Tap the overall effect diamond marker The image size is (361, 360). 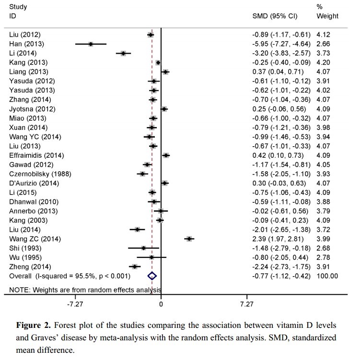click(152, 276)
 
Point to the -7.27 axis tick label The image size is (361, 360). click(75, 303)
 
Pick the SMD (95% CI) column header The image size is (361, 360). click(275, 16)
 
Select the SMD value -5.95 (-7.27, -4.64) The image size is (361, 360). click(281, 44)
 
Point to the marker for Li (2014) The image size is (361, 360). click(123, 53)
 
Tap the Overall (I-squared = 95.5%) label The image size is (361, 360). click(70, 276)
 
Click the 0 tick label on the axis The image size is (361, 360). click(161, 303)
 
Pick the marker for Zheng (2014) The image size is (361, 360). click(135, 267)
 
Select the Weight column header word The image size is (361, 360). click(327, 16)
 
